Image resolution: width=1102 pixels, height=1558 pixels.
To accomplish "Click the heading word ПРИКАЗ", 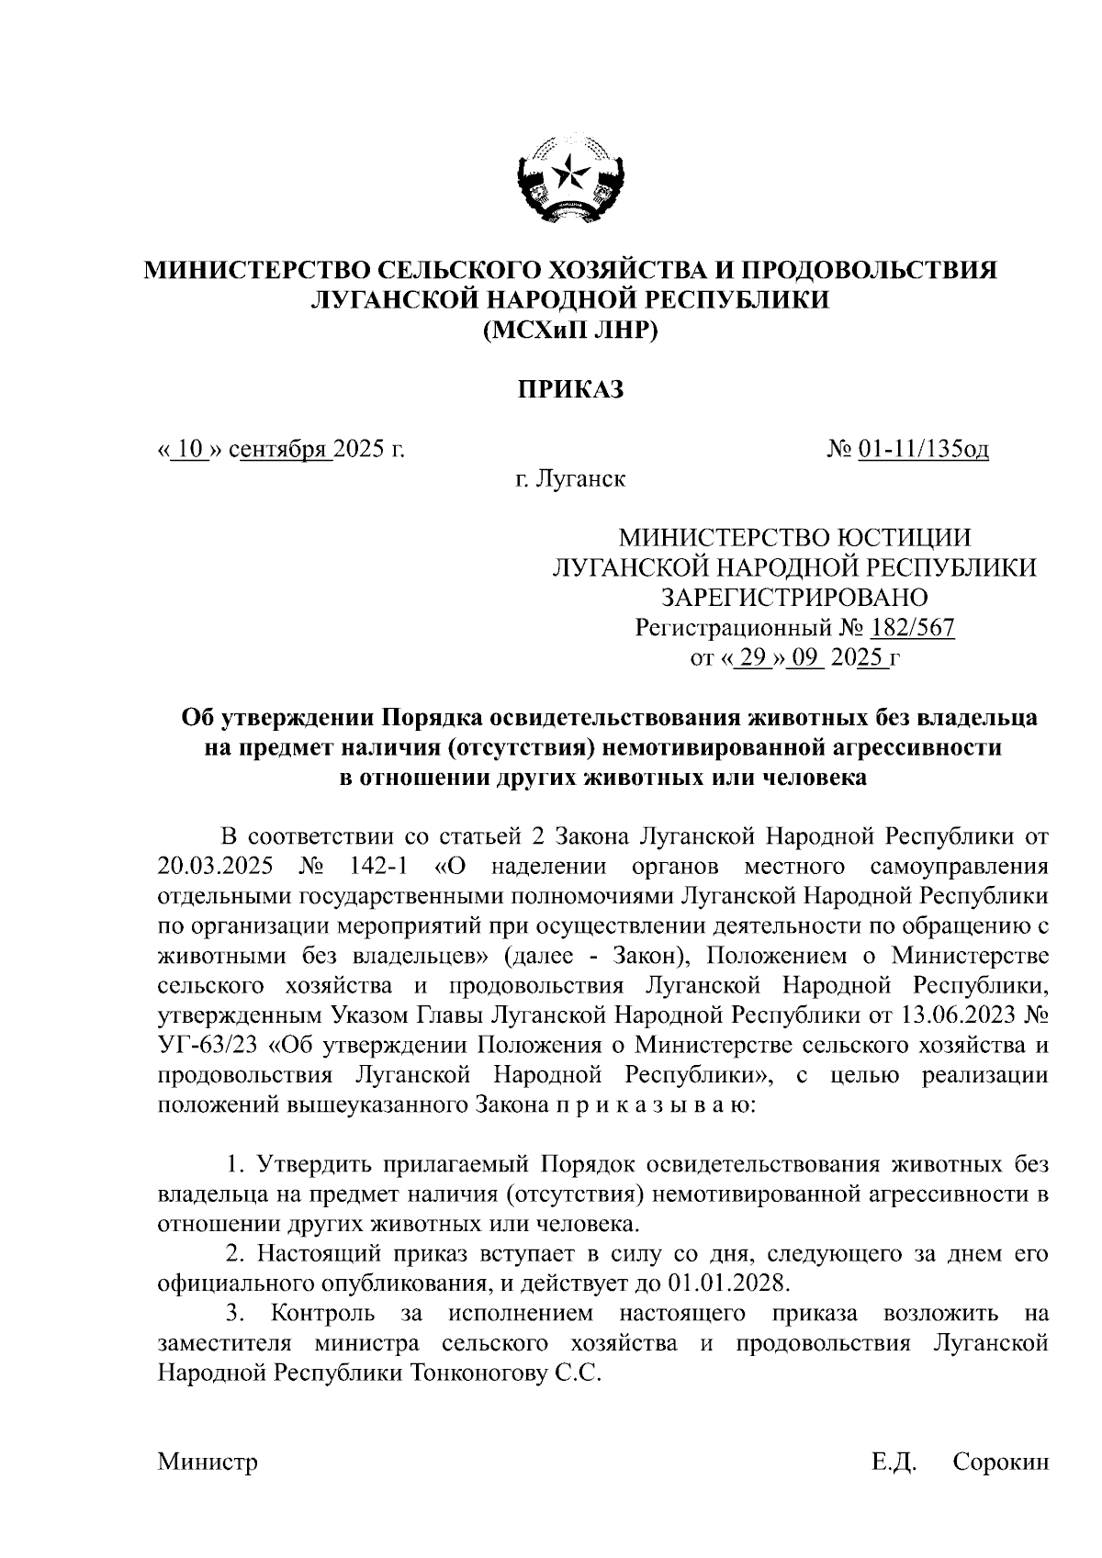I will [x=568, y=391].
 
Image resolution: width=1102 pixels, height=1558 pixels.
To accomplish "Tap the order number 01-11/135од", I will [x=923, y=450].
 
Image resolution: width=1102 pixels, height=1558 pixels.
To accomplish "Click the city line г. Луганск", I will [x=569, y=479].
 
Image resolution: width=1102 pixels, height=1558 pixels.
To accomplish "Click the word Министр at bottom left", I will [x=208, y=1462].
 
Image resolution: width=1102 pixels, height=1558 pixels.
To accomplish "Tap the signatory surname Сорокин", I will [x=1000, y=1462].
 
